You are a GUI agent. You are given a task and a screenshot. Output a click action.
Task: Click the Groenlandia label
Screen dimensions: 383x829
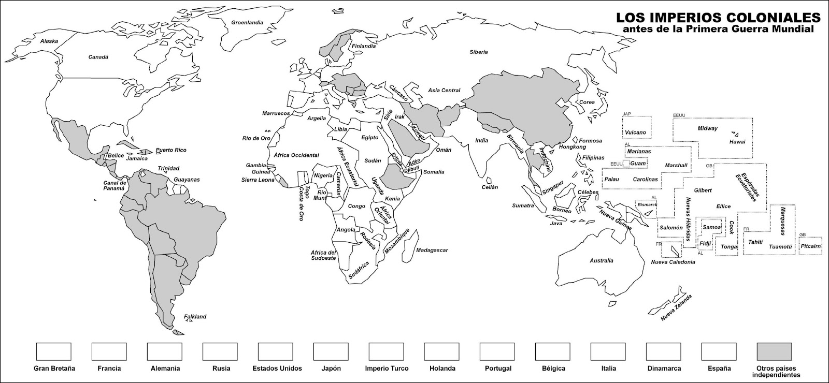(247, 23)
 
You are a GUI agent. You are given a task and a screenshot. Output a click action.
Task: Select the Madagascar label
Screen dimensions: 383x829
(432, 250)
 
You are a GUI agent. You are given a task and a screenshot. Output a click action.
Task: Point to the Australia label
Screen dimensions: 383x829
(602, 260)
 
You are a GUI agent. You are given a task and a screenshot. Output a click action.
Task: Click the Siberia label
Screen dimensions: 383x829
(479, 52)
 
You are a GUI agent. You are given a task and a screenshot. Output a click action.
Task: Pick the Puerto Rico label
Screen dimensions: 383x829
(171, 150)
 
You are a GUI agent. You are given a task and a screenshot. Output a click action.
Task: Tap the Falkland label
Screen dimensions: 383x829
(195, 316)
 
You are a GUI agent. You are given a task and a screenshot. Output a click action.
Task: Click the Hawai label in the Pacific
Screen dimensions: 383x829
(737, 141)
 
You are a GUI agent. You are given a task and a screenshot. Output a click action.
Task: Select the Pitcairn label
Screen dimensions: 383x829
(810, 246)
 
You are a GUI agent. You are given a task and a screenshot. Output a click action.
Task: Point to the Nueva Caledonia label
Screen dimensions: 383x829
(673, 262)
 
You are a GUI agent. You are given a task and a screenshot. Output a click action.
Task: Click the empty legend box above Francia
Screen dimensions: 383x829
(109, 351)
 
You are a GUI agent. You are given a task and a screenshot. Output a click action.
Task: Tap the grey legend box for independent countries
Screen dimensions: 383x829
(774, 351)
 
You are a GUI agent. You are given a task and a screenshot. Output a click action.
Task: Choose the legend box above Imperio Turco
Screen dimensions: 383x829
(386, 351)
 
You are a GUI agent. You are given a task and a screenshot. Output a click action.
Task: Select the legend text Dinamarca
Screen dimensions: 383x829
(664, 369)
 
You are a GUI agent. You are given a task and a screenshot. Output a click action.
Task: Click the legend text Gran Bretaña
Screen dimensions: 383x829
(54, 369)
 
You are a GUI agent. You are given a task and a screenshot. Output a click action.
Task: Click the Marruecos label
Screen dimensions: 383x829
(276, 113)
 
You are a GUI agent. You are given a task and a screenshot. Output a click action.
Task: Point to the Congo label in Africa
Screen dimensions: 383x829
(356, 206)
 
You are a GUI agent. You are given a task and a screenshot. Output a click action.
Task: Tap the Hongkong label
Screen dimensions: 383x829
(558, 147)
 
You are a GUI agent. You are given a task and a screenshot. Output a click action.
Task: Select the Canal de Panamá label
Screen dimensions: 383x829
(115, 186)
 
